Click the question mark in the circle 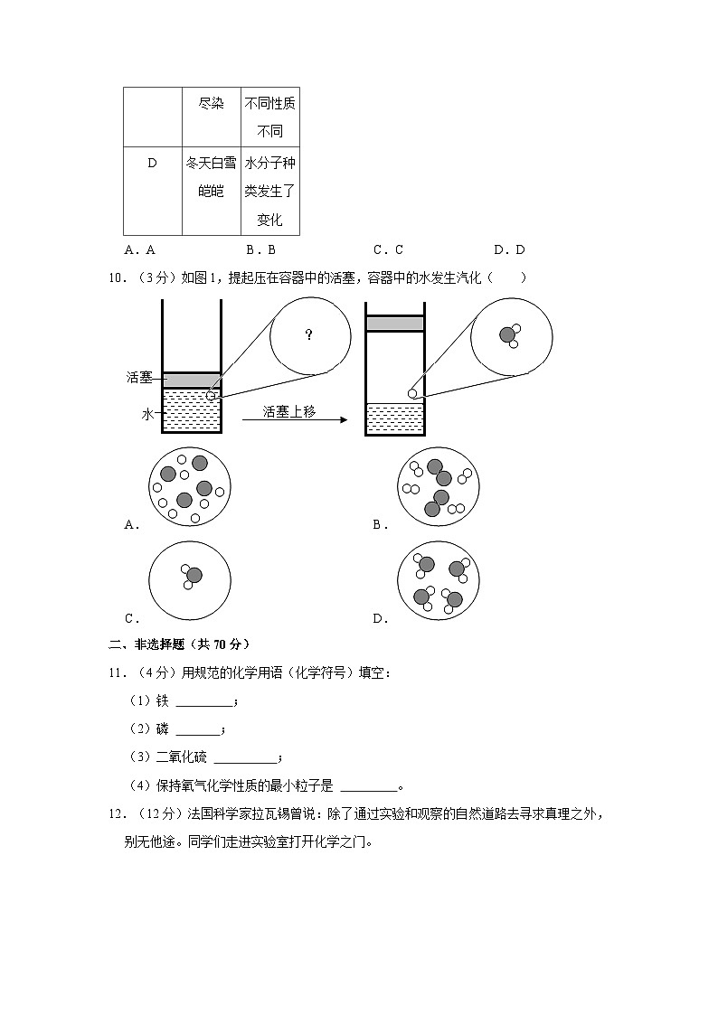pyautogui.click(x=309, y=335)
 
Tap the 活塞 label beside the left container pyautogui.click(x=139, y=377)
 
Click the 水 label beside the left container pyautogui.click(x=148, y=414)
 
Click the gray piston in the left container pyautogui.click(x=192, y=380)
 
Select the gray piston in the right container pyautogui.click(x=394, y=324)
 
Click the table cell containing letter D pyautogui.click(x=152, y=163)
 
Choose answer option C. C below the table pyautogui.click(x=388, y=250)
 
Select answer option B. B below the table pyautogui.click(x=260, y=250)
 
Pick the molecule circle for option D pyautogui.click(x=439, y=580)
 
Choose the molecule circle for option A pyautogui.click(x=190, y=486)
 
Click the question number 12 pyautogui.click(x=115, y=813)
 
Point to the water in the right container pyautogui.click(x=394, y=418)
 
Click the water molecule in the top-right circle pyautogui.click(x=509, y=335)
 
